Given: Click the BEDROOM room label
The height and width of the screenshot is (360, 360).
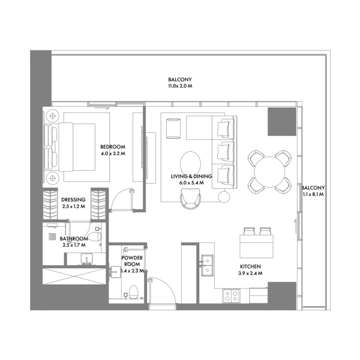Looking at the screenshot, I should (x=112, y=147).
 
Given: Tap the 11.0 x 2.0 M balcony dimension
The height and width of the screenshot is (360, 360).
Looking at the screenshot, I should (x=180, y=85).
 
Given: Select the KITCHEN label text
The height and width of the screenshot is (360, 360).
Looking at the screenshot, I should (x=250, y=266).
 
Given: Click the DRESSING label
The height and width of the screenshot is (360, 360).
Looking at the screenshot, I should (x=73, y=200).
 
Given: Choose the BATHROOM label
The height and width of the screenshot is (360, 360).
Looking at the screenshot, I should (x=73, y=239).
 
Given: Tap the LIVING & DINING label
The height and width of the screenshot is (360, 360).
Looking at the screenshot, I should (x=191, y=177).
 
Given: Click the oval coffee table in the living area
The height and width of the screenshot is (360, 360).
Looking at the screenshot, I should (x=191, y=162).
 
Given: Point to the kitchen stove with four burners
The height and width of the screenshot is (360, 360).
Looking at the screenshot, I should (x=232, y=296).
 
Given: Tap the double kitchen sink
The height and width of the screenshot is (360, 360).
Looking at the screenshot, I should (x=208, y=265).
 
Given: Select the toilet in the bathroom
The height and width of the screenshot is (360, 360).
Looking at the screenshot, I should (x=95, y=236).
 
